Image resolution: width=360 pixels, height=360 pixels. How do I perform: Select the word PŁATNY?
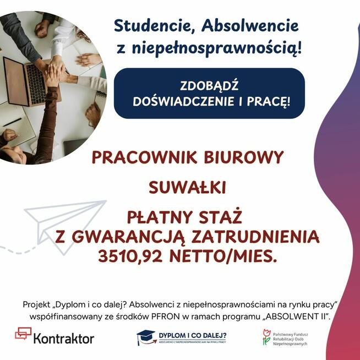pos(160,216)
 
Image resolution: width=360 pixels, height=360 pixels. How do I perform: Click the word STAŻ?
pos(224,216)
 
